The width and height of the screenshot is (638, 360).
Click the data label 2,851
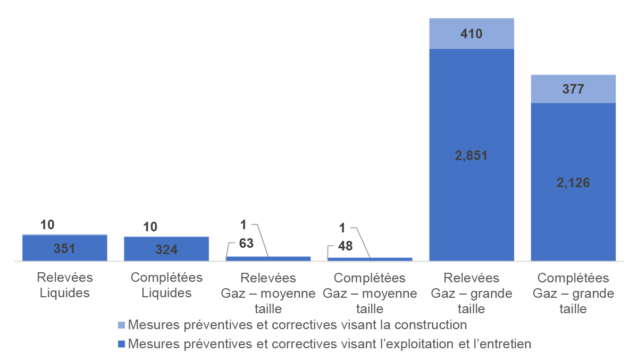click(x=472, y=156)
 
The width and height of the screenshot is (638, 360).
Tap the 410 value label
click(x=472, y=34)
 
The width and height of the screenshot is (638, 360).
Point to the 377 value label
click(x=573, y=89)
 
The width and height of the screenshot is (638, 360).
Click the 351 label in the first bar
click(x=65, y=249)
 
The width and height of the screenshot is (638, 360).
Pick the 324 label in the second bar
click(x=166, y=249)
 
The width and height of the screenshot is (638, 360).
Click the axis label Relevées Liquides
click(x=65, y=285)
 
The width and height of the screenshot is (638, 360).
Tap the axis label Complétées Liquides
click(x=166, y=285)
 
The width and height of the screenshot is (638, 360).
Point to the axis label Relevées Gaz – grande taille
click(x=472, y=293)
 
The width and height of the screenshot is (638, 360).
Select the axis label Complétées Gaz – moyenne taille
click(x=370, y=293)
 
